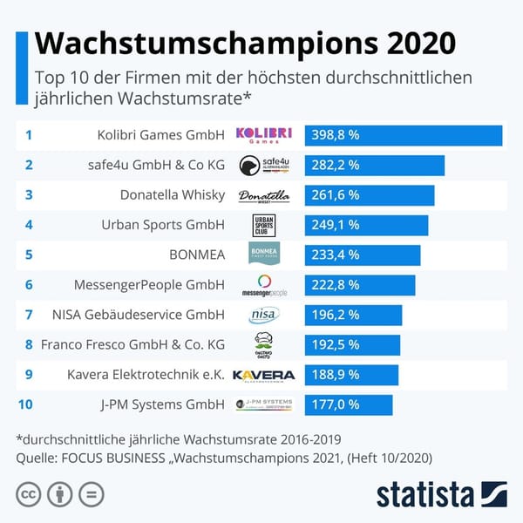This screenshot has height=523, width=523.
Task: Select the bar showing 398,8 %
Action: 403,135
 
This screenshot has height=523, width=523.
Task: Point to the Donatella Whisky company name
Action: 173,195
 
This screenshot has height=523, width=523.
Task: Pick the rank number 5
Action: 29,255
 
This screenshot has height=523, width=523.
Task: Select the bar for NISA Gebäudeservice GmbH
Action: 353,315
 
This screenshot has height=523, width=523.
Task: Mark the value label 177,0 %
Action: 336,404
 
